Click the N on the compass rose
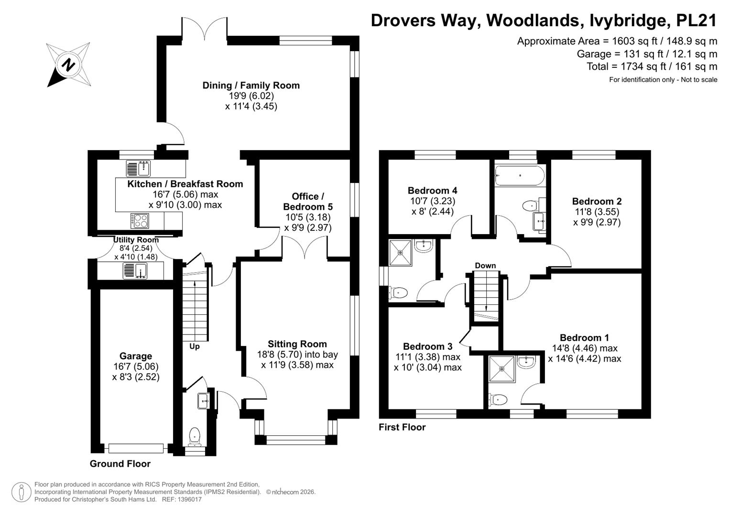68,64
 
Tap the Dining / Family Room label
251,86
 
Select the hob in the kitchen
140,221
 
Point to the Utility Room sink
135,271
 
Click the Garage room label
136,356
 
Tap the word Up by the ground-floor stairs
195,346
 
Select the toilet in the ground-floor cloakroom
195,437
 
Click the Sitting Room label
297,344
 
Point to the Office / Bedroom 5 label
308,202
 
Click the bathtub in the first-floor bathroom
520,176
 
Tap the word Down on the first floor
485,266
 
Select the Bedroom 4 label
433,190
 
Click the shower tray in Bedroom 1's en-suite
502,369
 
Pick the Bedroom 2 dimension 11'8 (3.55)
597,212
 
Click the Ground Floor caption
120,463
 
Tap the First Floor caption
402,427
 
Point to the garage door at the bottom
136,448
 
